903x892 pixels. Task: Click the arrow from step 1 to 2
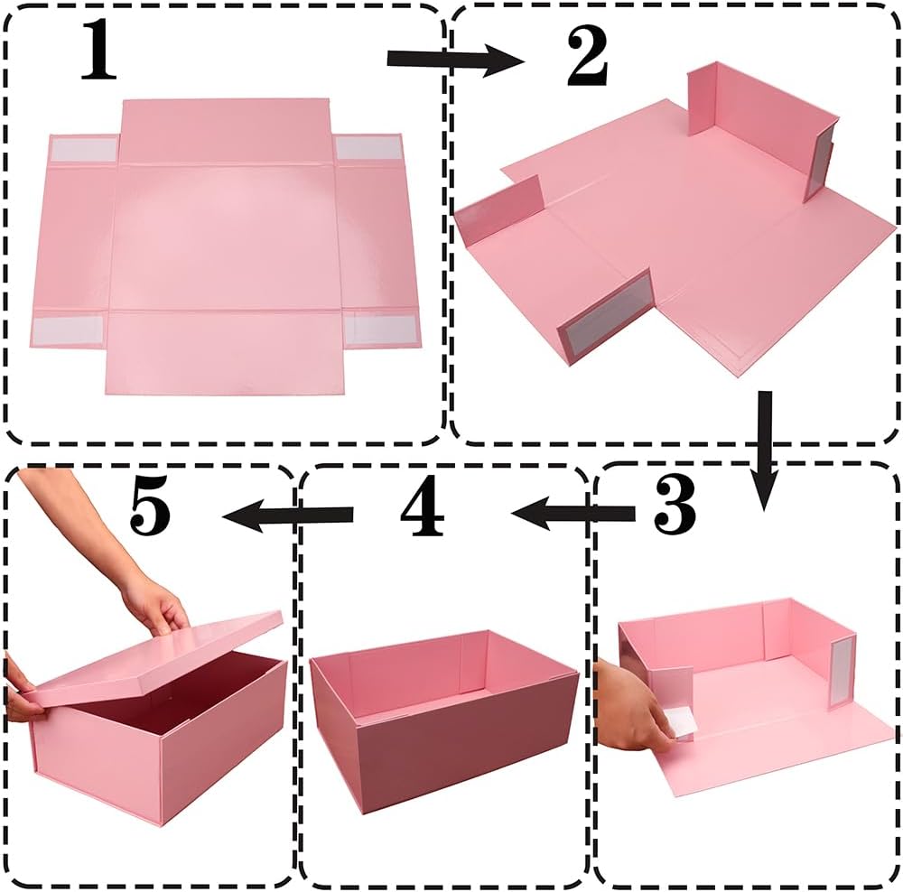[x=454, y=59]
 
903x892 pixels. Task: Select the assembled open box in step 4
[x=442, y=718]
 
